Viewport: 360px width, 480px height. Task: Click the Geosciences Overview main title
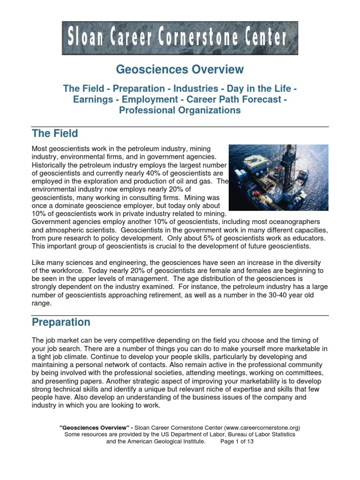coord(180,70)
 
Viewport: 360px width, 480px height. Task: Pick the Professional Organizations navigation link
coord(180,111)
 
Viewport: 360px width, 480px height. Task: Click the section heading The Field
coord(55,134)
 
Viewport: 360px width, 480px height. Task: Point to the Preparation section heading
coord(61,322)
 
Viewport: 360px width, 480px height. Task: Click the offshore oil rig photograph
coord(278,177)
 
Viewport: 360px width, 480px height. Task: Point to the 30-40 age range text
coord(270,295)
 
